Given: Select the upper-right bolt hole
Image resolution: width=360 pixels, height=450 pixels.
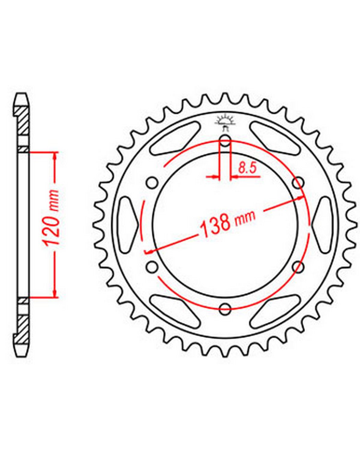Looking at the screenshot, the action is point(298,183).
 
